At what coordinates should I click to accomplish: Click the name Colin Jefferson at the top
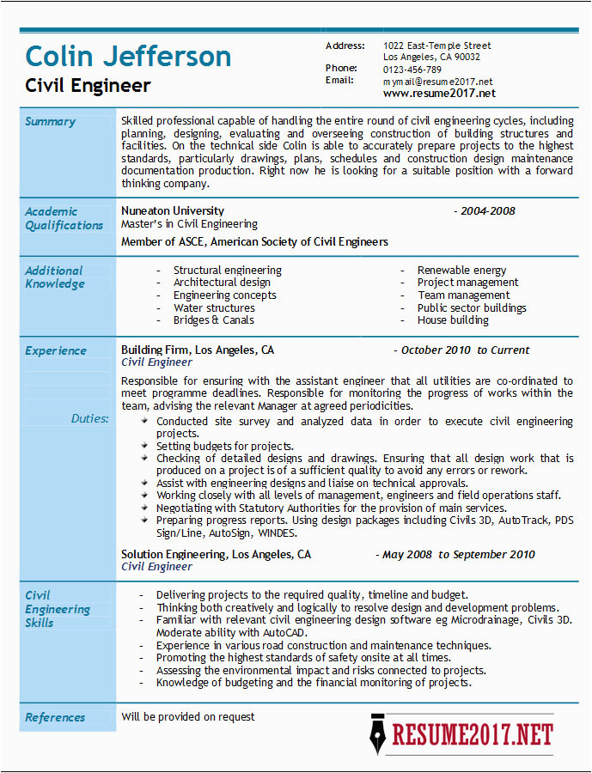pos(128,57)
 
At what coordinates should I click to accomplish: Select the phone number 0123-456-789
pos(412,70)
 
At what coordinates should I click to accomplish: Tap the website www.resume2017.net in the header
pos(439,93)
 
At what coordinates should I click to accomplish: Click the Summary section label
pos(50,122)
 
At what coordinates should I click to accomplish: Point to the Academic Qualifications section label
pos(64,218)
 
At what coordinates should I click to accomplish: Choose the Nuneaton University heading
pos(173,211)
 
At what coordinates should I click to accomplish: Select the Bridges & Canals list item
pos(213,320)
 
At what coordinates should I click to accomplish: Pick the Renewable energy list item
pos(461,271)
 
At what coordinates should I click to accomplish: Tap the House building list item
pos(453,320)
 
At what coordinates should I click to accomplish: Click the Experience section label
pos(56,350)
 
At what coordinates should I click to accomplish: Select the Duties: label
pos(89,418)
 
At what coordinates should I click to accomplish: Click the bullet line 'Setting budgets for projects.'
pos(224,447)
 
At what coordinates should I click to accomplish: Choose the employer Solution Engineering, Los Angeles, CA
pos(216,555)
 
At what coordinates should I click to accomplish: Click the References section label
pos(55,717)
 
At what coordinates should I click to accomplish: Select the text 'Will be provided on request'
pos(188,716)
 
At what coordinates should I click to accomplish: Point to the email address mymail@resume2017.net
pos(438,81)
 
